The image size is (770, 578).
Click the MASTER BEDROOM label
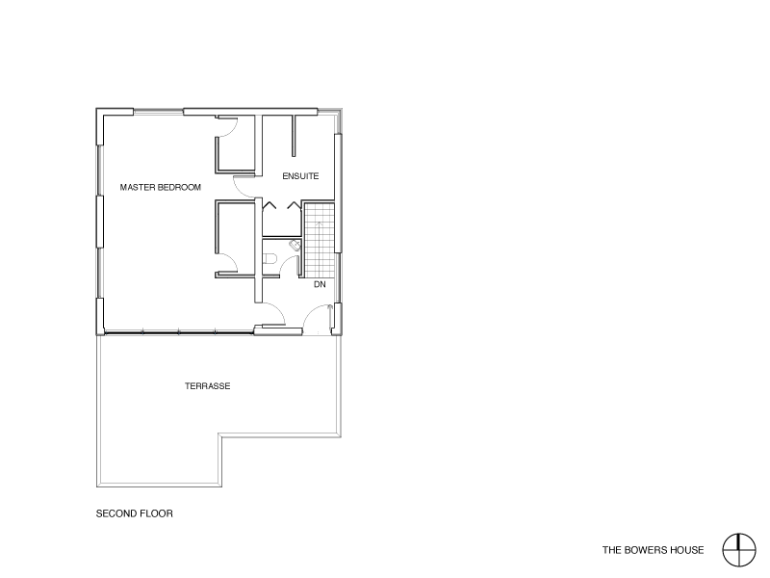[x=161, y=187]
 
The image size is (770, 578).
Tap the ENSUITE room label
[x=300, y=176]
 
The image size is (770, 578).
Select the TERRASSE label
[x=207, y=386]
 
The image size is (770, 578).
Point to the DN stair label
[x=320, y=284]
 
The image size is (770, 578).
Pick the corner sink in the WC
[x=295, y=245]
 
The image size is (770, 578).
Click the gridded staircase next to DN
[x=320, y=239]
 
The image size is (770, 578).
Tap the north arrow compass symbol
[x=738, y=550]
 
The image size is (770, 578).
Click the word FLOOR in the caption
[x=156, y=513]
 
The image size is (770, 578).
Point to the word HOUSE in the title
[x=687, y=550]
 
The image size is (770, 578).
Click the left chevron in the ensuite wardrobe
[x=269, y=205]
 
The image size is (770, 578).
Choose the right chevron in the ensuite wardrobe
[x=294, y=205]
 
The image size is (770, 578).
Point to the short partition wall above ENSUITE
[x=294, y=136]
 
